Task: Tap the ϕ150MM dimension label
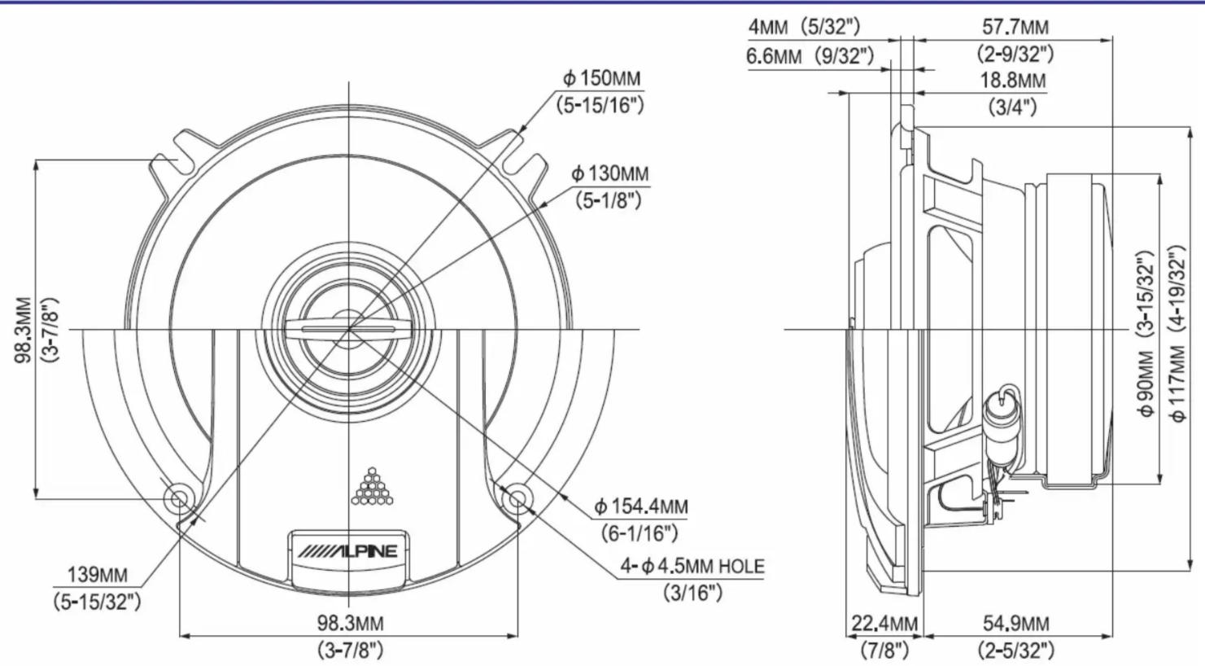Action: pos(602,79)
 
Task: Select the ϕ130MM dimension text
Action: pos(610,174)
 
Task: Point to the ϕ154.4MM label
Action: pos(640,506)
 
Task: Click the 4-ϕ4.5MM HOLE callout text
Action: pos(692,566)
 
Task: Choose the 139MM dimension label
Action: pos(98,575)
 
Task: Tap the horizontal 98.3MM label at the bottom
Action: pos(350,624)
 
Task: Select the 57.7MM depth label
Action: pos(1015,26)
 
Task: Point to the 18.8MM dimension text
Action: pos(1013,81)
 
